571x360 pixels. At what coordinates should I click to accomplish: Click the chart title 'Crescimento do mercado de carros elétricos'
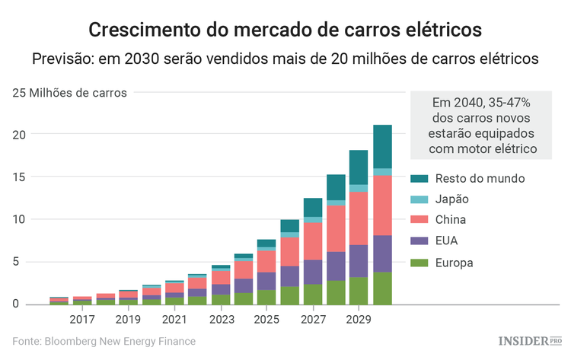pyautogui.click(x=285, y=30)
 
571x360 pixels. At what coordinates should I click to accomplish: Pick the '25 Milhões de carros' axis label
pyautogui.click(x=70, y=93)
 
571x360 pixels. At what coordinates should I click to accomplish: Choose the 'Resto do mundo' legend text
pyautogui.click(x=482, y=178)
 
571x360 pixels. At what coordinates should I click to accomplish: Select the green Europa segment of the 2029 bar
pyautogui.click(x=359, y=291)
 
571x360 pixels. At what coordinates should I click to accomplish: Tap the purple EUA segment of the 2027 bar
pyautogui.click(x=312, y=272)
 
